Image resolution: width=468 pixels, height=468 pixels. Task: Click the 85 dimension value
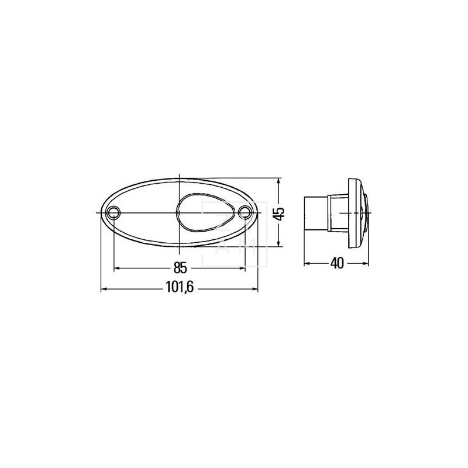point(180,269)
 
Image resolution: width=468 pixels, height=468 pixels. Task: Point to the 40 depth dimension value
point(336,263)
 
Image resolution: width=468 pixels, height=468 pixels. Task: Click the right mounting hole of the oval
point(245,211)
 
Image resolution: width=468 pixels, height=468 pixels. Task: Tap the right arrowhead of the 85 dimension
point(242,268)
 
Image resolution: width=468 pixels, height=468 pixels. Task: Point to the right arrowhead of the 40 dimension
point(366,263)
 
